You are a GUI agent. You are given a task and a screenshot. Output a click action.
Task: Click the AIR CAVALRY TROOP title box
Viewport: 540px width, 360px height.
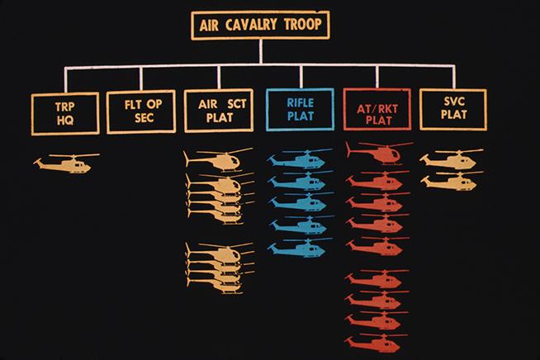coord(260,25)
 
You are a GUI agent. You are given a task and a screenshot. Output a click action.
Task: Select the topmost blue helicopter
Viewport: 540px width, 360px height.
coord(299,159)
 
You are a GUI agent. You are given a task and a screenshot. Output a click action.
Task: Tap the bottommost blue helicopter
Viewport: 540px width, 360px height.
coord(299,247)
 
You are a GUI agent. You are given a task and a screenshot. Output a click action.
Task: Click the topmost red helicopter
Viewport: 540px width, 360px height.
coord(378,153)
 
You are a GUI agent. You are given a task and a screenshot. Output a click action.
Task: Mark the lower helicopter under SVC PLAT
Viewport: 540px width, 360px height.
coord(451,180)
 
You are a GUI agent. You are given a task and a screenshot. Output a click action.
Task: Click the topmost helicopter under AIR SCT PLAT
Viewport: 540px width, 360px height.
coord(218,159)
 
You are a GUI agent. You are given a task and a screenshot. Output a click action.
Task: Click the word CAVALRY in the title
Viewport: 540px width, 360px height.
coord(260,25)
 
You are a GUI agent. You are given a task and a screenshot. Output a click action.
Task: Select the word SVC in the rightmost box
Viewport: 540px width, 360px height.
coord(453,102)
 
